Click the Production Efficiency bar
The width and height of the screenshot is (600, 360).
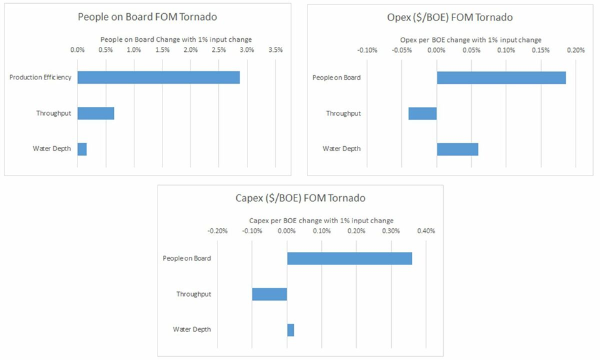point(159,77)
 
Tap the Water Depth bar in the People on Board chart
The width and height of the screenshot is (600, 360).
point(82,149)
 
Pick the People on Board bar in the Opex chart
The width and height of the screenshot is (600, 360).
point(501,77)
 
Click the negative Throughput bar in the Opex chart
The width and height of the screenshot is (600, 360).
point(422,113)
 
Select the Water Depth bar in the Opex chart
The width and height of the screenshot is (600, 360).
point(457,149)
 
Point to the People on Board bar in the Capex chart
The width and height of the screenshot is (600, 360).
point(349,258)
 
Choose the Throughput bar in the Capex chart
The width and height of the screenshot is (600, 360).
point(269,294)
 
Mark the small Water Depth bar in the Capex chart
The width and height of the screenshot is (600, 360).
point(291,329)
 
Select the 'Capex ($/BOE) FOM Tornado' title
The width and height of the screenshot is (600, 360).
point(296,198)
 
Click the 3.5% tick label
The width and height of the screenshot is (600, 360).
point(275,50)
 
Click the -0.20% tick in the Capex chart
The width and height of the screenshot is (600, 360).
point(217,231)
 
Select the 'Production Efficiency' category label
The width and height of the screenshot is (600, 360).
point(40,77)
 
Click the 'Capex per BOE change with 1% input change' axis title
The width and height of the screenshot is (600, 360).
point(322,221)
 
